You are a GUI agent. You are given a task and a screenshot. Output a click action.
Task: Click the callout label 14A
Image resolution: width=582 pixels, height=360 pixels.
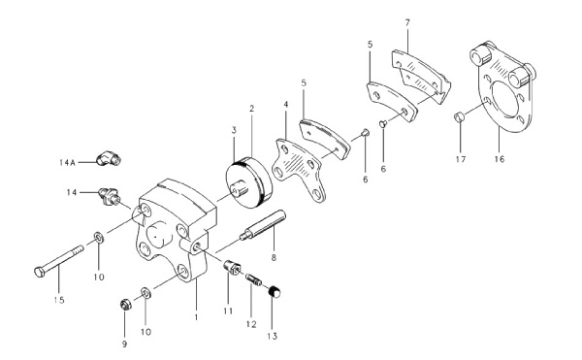pyautogui.click(x=67, y=162)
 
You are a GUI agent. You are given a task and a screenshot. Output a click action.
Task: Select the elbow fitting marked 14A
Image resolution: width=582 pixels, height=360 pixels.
pyautogui.click(x=109, y=158)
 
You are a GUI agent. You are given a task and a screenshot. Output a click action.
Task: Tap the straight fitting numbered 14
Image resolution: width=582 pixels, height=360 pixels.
pyautogui.click(x=109, y=196)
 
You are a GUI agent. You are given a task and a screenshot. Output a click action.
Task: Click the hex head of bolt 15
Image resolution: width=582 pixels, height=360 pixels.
pyautogui.click(x=40, y=272)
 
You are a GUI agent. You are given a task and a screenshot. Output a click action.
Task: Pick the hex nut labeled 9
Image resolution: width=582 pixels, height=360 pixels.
pyautogui.click(x=125, y=305)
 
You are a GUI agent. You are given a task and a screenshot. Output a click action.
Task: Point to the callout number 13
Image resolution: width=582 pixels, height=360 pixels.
pyautogui.click(x=272, y=337)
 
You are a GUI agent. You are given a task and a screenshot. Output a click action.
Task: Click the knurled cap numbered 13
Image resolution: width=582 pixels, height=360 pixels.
pyautogui.click(x=275, y=292)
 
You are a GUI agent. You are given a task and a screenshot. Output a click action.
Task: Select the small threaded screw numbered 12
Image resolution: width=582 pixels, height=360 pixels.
pyautogui.click(x=253, y=279)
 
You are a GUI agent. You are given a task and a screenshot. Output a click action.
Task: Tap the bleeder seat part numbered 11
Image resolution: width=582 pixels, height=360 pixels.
pyautogui.click(x=233, y=267)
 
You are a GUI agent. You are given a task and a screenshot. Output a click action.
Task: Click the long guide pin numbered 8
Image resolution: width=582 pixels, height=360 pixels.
pyautogui.click(x=263, y=225)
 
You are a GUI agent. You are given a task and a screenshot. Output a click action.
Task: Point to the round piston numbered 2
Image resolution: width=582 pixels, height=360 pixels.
pyautogui.click(x=248, y=183)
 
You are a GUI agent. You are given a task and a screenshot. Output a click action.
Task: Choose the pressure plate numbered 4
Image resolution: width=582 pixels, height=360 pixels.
pyautogui.click(x=300, y=170)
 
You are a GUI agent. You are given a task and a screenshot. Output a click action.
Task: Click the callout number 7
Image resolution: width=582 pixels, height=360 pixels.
pyautogui.click(x=407, y=22)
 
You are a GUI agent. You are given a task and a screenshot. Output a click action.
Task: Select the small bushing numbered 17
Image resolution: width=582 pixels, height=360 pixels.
pyautogui.click(x=460, y=116)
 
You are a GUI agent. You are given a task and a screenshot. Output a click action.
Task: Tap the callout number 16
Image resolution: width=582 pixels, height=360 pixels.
pyautogui.click(x=500, y=159)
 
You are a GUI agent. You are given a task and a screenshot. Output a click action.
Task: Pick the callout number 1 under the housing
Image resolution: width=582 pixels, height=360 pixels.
pyautogui.click(x=196, y=317)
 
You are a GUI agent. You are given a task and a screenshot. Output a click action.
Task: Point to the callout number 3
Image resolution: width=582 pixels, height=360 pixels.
pyautogui.click(x=234, y=130)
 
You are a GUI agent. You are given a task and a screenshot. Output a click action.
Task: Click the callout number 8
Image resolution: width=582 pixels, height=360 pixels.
pyautogui.click(x=274, y=257)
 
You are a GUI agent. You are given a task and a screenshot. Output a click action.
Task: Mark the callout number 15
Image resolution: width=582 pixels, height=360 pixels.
pyautogui.click(x=59, y=300)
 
